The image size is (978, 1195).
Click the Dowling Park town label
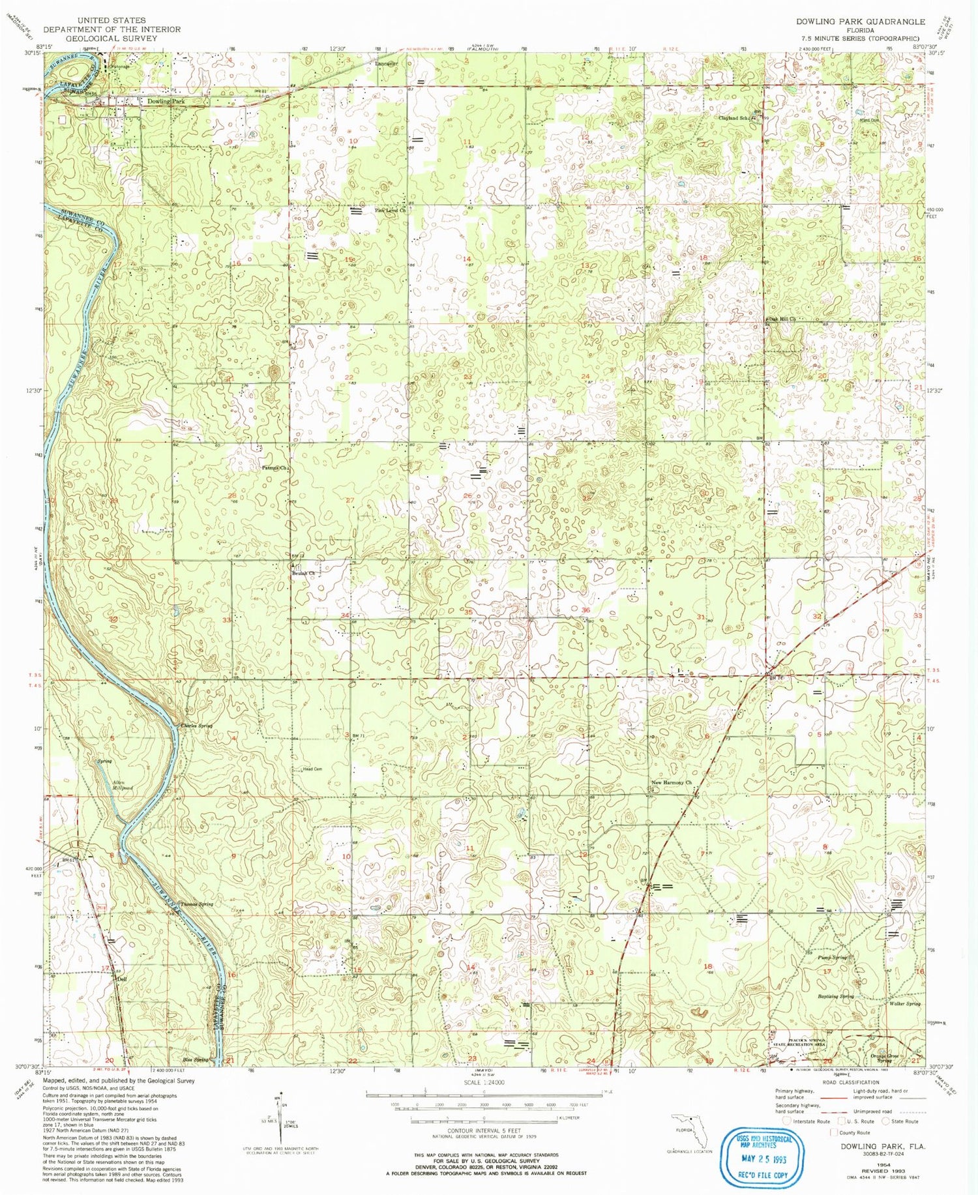tap(166, 102)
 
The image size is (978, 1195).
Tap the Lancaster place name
tap(389, 64)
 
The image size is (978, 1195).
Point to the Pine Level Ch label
tap(391, 211)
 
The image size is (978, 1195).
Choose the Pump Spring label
tap(833, 958)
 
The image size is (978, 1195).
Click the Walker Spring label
tap(905, 1003)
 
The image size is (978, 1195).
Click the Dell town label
tap(121, 979)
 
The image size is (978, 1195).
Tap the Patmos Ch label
tap(274, 468)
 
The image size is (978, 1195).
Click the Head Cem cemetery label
tap(313, 769)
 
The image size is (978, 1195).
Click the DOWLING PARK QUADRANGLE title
tap(860, 22)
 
